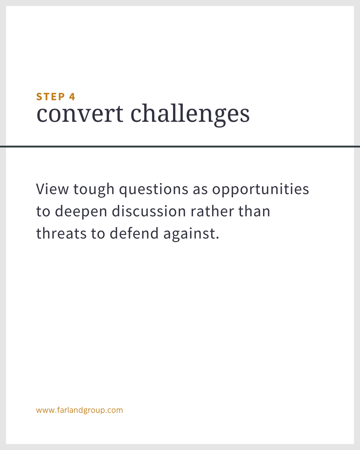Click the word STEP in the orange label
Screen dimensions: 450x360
coord(51,97)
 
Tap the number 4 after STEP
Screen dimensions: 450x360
coord(72,97)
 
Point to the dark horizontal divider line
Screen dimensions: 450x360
coord(180,147)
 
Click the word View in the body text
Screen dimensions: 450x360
coord(52,189)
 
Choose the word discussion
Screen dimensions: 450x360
coord(149,211)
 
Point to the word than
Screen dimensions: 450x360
coord(254,211)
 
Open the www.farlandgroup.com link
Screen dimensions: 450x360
coord(80,410)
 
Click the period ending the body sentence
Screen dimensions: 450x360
coord(217,238)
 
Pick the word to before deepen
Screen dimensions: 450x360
coord(43,212)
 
